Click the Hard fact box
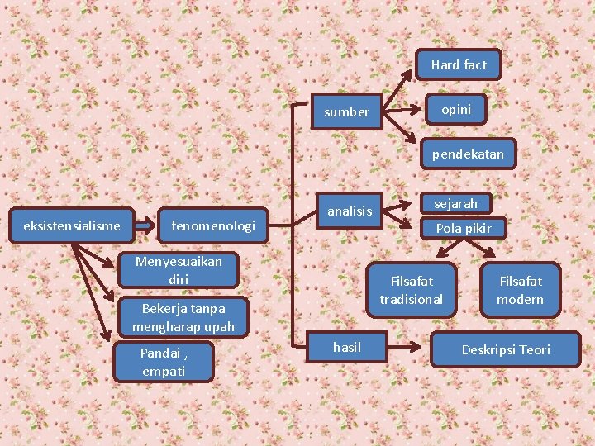(458, 64)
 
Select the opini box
(455, 109)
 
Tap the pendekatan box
(467, 154)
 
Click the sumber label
(346, 112)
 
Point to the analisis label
(350, 211)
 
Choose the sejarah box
(455, 203)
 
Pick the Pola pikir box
(463, 228)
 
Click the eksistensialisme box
(72, 225)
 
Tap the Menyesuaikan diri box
(178, 270)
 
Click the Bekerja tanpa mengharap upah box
(183, 317)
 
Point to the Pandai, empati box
(164, 362)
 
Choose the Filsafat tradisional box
(411, 290)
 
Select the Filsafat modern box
(520, 290)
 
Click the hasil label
(346, 347)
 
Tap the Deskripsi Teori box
(505, 349)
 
